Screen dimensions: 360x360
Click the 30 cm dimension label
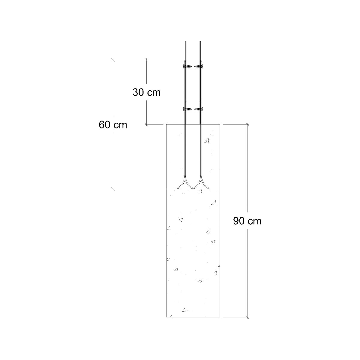point(146,92)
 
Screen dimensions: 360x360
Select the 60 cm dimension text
point(113,124)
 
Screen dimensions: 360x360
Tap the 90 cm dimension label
point(247,221)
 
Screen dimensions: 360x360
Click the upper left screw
point(188,66)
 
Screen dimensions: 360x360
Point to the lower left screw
point(188,109)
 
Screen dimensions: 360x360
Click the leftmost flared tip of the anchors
point(178,188)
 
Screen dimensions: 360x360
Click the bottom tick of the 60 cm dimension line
point(113,189)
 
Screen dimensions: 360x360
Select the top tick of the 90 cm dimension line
point(247,124)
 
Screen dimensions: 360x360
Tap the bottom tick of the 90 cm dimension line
point(247,317)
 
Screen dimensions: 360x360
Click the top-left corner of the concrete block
point(166,124)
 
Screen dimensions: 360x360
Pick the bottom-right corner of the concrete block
point(220,317)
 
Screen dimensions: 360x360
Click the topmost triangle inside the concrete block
point(206,140)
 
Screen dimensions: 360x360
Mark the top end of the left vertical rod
point(186,41)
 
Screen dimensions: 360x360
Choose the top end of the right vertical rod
point(200,41)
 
